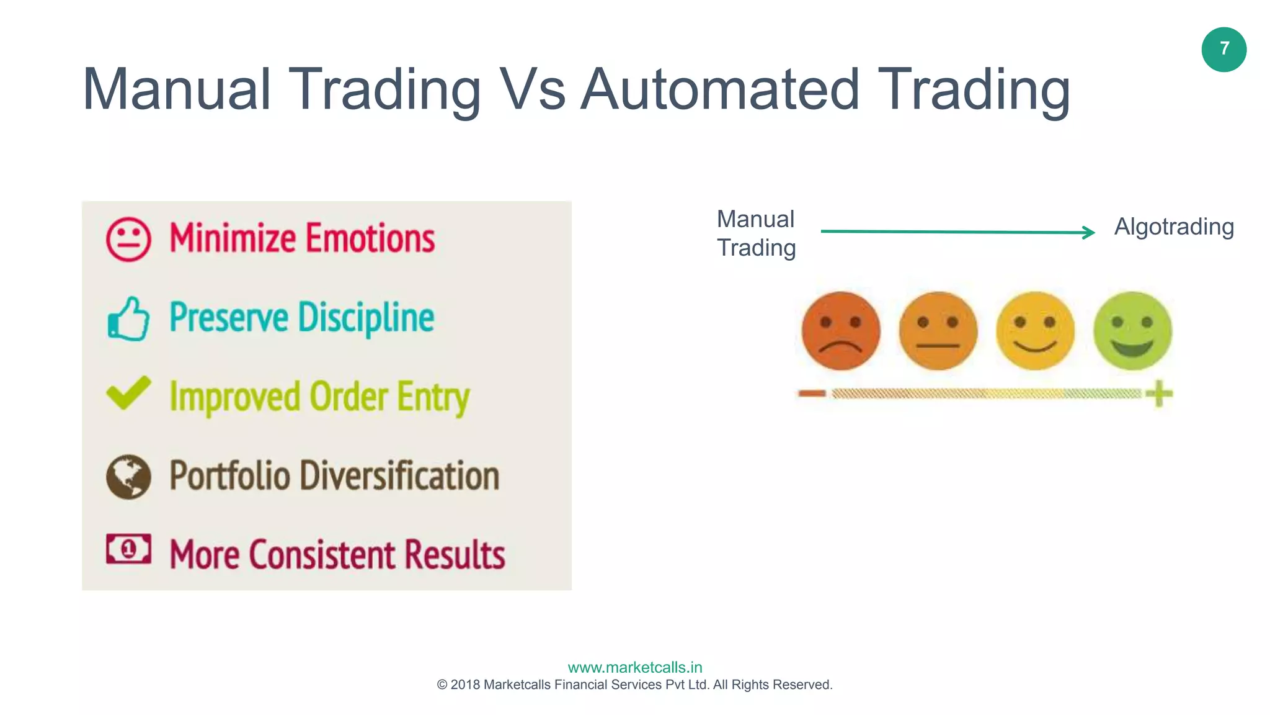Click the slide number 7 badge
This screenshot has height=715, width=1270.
pyautogui.click(x=1223, y=50)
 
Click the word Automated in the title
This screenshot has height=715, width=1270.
pyautogui.click(x=719, y=90)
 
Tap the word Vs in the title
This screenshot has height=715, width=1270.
pyautogui.click(x=532, y=90)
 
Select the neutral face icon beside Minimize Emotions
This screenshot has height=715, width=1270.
pyautogui.click(x=128, y=239)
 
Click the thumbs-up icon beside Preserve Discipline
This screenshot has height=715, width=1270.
pyautogui.click(x=128, y=318)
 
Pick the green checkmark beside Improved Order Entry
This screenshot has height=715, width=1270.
pyautogui.click(x=128, y=393)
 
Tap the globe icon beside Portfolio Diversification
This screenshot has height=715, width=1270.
pyautogui.click(x=128, y=477)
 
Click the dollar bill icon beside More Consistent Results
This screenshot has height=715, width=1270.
pyautogui.click(x=128, y=549)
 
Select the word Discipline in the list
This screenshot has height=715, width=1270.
pyautogui.click(x=366, y=318)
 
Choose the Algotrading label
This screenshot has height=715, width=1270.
pyautogui.click(x=1174, y=227)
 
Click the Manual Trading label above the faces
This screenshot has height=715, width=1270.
pyautogui.click(x=756, y=233)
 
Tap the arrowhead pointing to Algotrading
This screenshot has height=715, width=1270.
pyautogui.click(x=1088, y=232)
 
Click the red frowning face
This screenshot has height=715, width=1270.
pyautogui.click(x=840, y=331)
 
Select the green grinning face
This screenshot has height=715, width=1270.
pyautogui.click(x=1132, y=331)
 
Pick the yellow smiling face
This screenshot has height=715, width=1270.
pyautogui.click(x=1035, y=331)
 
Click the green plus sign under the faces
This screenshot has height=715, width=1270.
pyautogui.click(x=1158, y=393)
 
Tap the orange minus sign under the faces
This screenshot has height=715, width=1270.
pyautogui.click(x=812, y=393)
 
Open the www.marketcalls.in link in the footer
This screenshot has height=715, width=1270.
pyautogui.click(x=635, y=667)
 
